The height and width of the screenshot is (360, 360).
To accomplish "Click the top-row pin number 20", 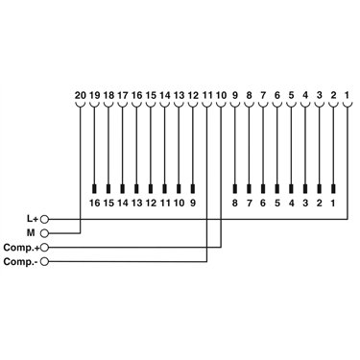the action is [80, 95].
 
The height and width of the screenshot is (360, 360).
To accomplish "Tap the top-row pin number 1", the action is [347, 95].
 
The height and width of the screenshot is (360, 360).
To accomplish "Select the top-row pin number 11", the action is [207, 95].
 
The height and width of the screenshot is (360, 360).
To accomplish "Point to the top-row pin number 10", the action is [221, 95].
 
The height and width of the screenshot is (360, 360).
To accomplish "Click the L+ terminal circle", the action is [45, 219].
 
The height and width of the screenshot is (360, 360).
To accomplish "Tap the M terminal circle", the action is [45, 233].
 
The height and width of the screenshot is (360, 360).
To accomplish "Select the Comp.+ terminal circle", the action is [45, 248].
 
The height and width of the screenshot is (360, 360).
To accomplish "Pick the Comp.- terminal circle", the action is [45, 262].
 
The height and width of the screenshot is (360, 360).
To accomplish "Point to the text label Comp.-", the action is [21, 262].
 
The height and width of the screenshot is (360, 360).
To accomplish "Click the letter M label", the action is [31, 233].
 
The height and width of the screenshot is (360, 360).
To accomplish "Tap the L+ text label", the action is [33, 219].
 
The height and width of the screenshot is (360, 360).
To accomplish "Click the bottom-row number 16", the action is [95, 203].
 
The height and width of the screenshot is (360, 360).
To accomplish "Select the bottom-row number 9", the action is [193, 203].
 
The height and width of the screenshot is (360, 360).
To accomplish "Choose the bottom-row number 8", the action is [235, 203].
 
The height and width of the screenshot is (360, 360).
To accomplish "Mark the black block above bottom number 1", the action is [333, 189].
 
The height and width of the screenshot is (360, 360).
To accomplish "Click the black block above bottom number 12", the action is [151, 189].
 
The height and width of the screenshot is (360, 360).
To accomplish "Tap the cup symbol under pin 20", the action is [80, 106].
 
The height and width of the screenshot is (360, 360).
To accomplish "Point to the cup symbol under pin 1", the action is [348, 106].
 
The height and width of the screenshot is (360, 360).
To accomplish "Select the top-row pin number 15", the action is [151, 95].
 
